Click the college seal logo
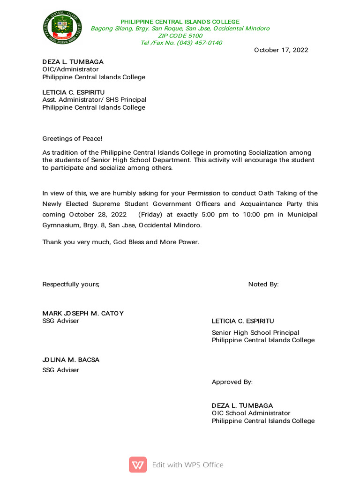pyautogui.click(x=62, y=28)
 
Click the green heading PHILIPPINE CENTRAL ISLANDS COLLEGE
pyautogui.click(x=180, y=22)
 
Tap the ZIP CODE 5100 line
pyautogui.click(x=180, y=36)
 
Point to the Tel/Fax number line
pyautogui.click(x=181, y=43)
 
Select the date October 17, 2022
pyautogui.click(x=281, y=50)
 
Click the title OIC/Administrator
pyautogui.click(x=71, y=69)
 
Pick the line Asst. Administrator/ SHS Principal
pyautogui.click(x=94, y=100)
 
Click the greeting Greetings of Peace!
pyautogui.click(x=72, y=138)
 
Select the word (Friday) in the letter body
pyautogui.click(x=150, y=215)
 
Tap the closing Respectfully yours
pyautogui.click(x=71, y=285)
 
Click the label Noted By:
pyautogui.click(x=263, y=285)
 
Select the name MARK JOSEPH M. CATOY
pyautogui.click(x=83, y=313)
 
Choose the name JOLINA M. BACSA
pyautogui.click(x=71, y=360)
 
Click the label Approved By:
pyautogui.click(x=232, y=382)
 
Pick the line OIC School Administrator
pyautogui.click(x=251, y=413)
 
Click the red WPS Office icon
pyautogui.click(x=138, y=465)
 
